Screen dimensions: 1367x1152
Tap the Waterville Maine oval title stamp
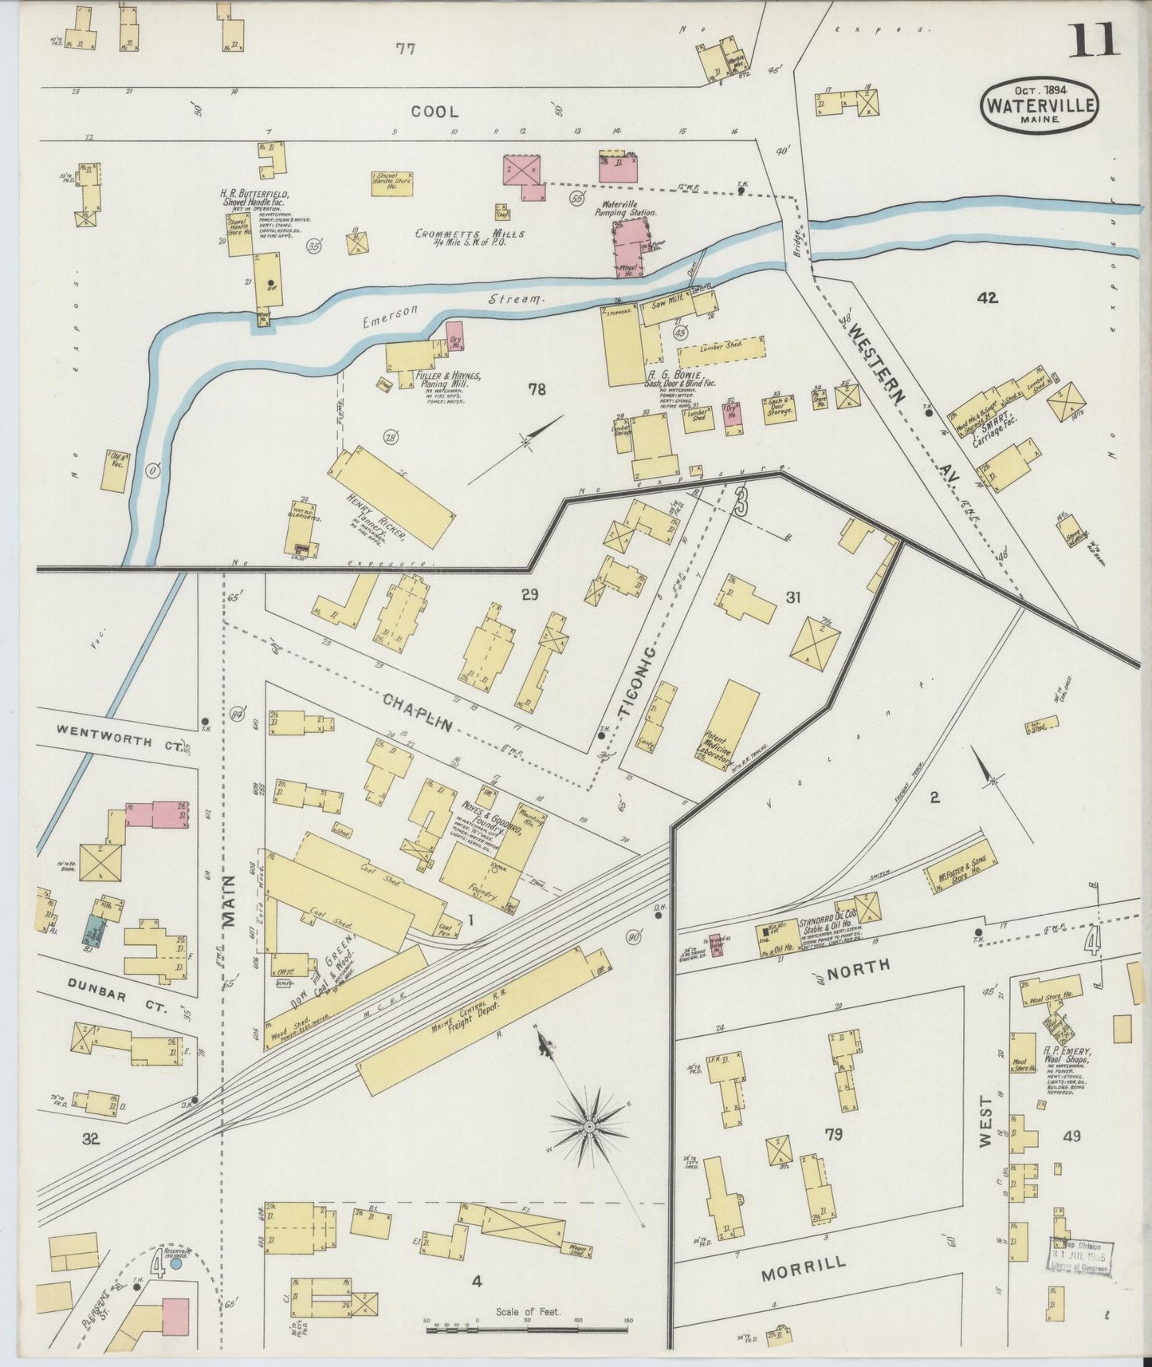click(1040, 104)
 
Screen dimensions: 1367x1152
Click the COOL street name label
click(434, 112)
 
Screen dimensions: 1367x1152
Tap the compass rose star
click(588, 1125)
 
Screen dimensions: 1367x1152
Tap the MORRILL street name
click(803, 1267)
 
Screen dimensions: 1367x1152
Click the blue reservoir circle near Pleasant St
click(176, 1263)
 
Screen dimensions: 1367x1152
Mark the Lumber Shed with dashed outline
click(721, 349)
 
